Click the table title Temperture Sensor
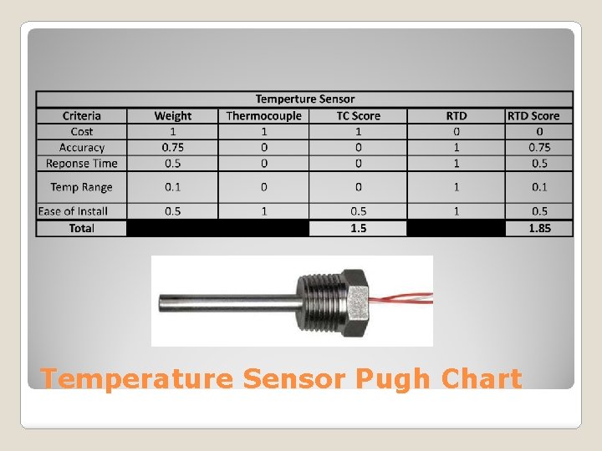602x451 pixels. point(304,99)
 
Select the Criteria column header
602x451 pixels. point(81,116)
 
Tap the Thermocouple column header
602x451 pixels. point(263,116)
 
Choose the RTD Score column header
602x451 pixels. point(539,116)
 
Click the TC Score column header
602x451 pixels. point(358,116)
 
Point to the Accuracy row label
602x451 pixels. point(81,148)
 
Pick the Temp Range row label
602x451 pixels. point(81,187)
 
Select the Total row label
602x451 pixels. point(81,228)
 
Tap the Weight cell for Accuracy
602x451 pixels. point(172,148)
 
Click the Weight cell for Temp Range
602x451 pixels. point(172,187)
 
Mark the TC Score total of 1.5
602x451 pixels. point(358,228)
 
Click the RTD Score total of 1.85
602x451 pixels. point(539,228)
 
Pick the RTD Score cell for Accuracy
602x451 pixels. point(539,148)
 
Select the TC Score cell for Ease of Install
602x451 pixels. point(358,211)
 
